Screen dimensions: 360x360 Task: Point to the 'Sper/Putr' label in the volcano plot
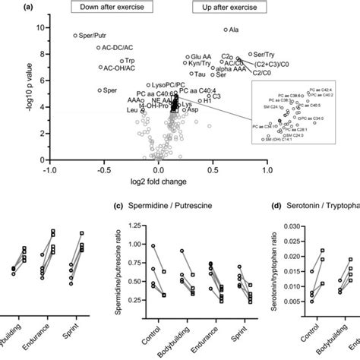93,36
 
